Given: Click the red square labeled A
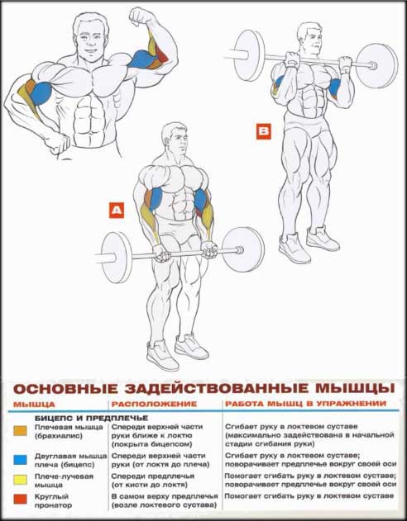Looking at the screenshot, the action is [117, 210].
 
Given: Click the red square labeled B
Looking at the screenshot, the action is [263, 131].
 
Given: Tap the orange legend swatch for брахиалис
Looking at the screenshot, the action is [20, 431].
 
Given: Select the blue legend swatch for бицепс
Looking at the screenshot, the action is [20, 460].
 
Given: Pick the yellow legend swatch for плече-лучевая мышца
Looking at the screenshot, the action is [20, 480].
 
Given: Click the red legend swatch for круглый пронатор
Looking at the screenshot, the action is [20, 499].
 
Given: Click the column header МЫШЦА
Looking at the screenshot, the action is [34, 405].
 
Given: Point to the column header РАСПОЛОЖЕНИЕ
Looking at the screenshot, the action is [154, 404].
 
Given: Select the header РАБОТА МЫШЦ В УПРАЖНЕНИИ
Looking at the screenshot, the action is [306, 404].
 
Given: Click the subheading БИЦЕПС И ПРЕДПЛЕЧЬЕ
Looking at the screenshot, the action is [92, 418].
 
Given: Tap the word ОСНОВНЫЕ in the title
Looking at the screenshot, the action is [66, 389].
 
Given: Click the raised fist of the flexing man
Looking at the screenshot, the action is [139, 17].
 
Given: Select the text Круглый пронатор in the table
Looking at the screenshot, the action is [53, 501].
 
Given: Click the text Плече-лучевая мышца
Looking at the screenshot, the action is [64, 481].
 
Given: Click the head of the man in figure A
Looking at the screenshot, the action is [174, 137].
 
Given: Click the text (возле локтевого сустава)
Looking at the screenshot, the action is [165, 505].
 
